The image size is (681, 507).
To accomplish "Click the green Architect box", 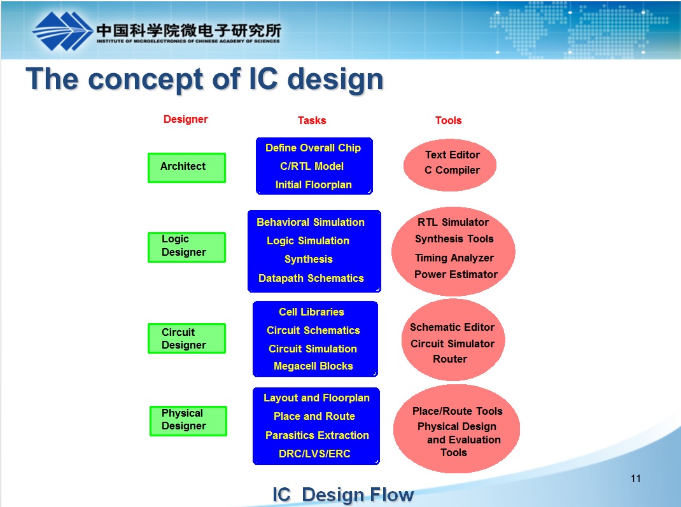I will point(186,167).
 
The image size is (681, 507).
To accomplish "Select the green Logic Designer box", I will point(186,247).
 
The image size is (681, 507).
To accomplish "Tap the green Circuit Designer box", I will point(186,338).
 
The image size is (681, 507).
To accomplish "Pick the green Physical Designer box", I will point(188,420).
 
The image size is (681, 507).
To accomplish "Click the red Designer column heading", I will point(185,119).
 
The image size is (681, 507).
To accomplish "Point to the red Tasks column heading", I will point(312,120).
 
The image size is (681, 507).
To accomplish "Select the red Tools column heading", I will point(448,120).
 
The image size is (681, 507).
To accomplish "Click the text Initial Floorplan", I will point(313,185).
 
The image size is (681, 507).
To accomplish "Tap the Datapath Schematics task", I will point(311,279).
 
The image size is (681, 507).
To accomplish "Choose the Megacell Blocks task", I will point(313,366).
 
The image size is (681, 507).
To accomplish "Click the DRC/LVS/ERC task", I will point(314,454).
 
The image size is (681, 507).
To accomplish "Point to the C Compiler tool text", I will point(452,170).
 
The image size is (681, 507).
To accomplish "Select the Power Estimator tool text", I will point(456,275).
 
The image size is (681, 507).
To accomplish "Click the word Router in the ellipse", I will point(450,359).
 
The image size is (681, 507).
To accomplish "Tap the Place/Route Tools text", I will point(457,412).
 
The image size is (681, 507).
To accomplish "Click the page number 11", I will point(635,479).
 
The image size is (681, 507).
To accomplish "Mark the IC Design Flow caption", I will point(343,495).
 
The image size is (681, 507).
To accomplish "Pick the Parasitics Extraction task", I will point(317,436).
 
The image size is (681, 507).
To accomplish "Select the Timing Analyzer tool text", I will point(454,258).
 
